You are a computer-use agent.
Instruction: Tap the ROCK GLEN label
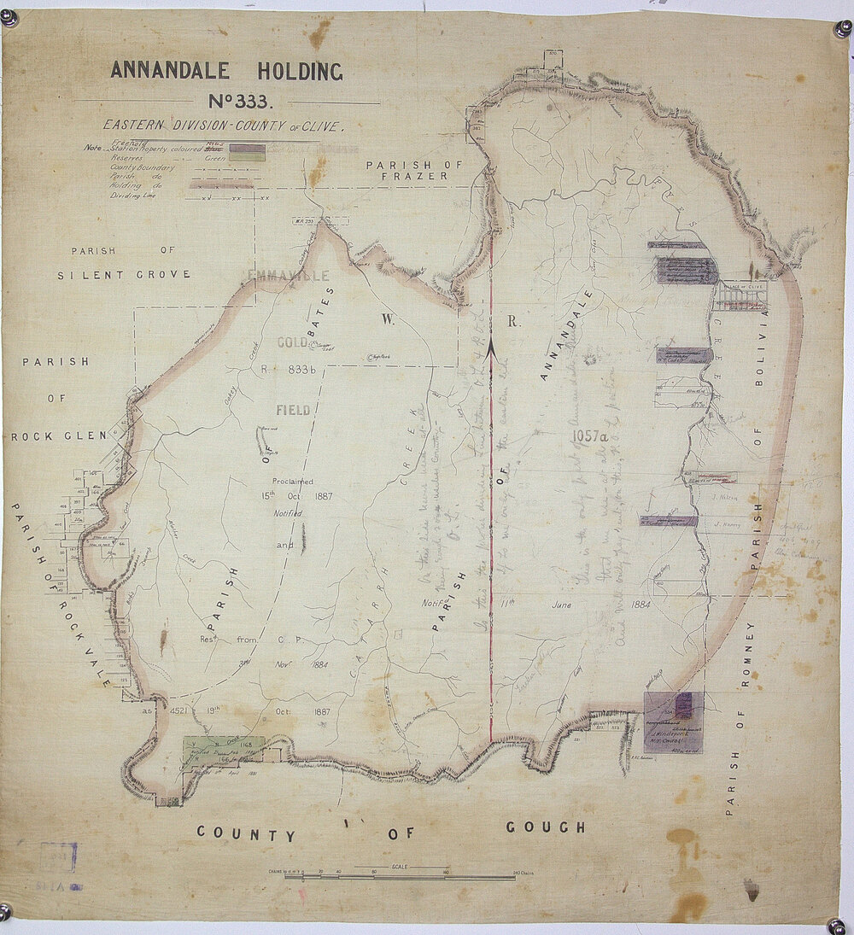59,436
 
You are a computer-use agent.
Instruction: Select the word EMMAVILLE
286,276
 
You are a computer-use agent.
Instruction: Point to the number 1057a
598,439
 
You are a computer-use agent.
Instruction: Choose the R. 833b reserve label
286,370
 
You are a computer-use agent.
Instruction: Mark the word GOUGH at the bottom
547,827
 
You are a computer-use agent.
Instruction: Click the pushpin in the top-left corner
9,16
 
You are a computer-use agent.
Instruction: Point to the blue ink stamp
60,856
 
